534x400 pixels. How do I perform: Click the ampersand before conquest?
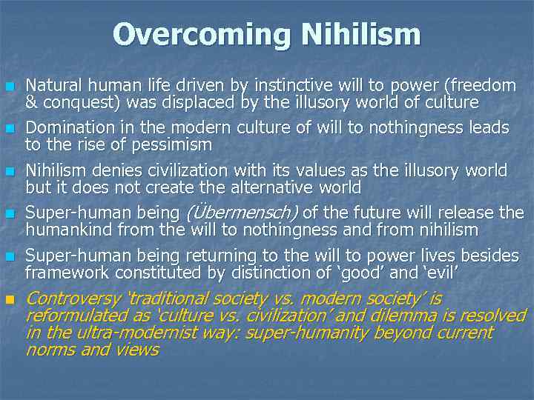click(31, 102)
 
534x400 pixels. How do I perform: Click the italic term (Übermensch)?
click(240, 213)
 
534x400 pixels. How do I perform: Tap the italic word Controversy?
click(73, 299)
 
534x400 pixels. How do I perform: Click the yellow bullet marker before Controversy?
click(10, 300)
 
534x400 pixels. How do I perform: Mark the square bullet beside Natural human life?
click(10, 87)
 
